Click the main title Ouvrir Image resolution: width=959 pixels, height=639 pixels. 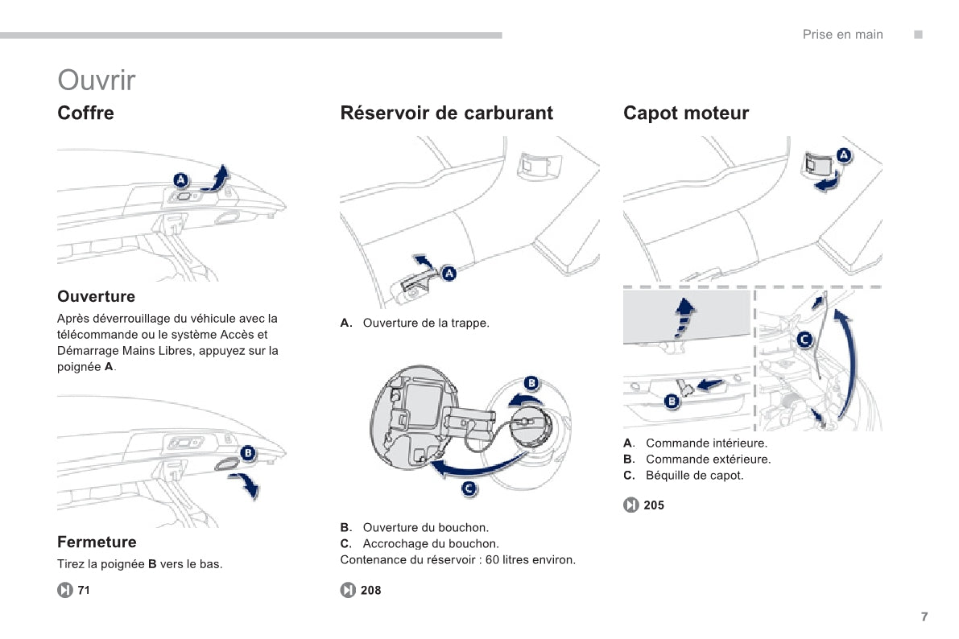(x=97, y=80)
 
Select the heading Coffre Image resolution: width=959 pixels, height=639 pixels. (x=86, y=113)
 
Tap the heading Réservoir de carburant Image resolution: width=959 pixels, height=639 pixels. (x=447, y=113)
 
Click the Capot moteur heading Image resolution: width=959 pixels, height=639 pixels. (x=686, y=113)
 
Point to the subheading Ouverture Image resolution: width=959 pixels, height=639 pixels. (x=96, y=297)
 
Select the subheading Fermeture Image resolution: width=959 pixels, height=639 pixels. (x=97, y=542)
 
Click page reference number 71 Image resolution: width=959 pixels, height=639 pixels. (x=84, y=591)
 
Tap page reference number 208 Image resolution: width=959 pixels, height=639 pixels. (x=370, y=591)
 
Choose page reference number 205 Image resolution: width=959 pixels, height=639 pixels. (x=654, y=505)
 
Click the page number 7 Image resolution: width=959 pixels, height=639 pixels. (x=924, y=616)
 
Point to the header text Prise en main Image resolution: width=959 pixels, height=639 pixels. (x=842, y=35)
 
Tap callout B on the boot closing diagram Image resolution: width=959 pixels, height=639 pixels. (x=248, y=453)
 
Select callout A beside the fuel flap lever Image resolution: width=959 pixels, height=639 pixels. (x=448, y=274)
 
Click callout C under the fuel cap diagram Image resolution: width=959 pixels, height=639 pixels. (x=469, y=489)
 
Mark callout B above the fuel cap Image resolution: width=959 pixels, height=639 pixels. (x=531, y=383)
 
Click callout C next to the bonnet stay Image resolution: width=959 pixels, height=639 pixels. (x=804, y=340)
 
